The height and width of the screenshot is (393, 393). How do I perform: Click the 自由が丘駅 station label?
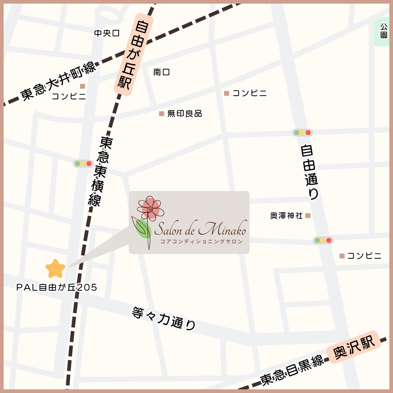coord(132,55)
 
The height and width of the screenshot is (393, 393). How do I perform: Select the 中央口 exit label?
coord(107,33)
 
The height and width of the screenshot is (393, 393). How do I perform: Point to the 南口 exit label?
coord(162,72)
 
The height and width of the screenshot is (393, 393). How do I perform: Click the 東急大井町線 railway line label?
coord(58,81)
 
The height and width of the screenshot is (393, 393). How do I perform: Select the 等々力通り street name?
coord(164,318)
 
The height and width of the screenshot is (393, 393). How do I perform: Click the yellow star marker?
coord(55,269)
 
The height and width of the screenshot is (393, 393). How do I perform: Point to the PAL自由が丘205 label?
coord(57,287)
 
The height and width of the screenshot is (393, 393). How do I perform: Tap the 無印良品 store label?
coord(184,114)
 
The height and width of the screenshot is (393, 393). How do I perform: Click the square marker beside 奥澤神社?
coord(308,216)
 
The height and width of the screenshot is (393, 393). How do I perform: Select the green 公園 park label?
coord(384,31)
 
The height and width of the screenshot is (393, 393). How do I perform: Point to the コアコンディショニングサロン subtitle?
coord(201,242)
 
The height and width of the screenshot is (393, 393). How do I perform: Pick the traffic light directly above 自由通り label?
coord(302,132)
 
